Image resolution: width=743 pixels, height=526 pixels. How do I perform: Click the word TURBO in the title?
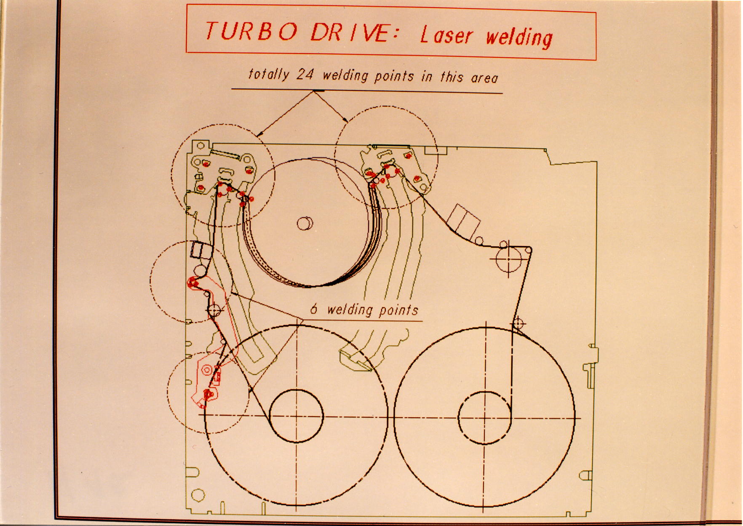pyautogui.click(x=251, y=31)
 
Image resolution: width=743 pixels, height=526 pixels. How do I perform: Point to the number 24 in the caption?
pyautogui.click(x=305, y=75)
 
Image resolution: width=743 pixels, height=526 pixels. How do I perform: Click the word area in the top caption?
pyautogui.click(x=484, y=77)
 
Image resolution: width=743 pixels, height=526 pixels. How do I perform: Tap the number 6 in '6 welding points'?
pyautogui.click(x=314, y=309)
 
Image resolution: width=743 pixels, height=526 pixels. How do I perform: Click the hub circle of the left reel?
pyautogui.click(x=296, y=416)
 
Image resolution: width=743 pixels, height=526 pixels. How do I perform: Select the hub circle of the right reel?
pyautogui.click(x=484, y=417)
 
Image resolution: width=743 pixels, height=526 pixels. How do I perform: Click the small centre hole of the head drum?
pyautogui.click(x=305, y=223)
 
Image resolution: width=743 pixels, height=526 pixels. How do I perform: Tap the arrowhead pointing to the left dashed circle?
pyautogui.click(x=260, y=134)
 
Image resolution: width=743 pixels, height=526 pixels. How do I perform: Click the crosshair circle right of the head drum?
pyautogui.click(x=508, y=259)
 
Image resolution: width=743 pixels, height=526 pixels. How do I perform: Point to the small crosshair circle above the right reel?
pyautogui.click(x=518, y=323)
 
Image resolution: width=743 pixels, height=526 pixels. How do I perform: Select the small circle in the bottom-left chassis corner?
pyautogui.click(x=198, y=495)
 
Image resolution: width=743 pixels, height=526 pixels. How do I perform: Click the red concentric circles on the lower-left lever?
pyautogui.click(x=207, y=370)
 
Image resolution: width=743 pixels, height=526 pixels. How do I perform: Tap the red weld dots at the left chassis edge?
pyautogui.click(x=193, y=282)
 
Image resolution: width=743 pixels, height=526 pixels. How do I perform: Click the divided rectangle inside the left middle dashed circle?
pyautogui.click(x=201, y=250)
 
